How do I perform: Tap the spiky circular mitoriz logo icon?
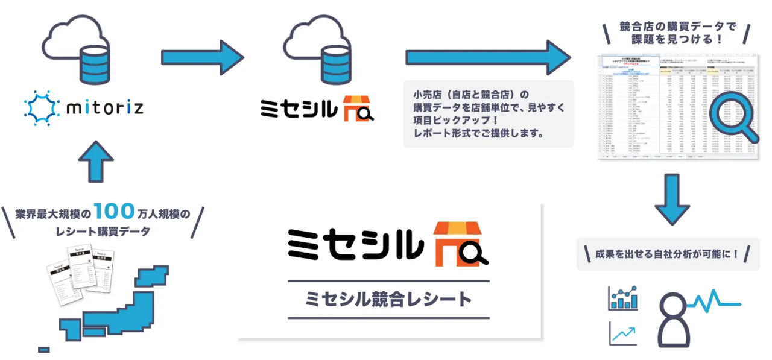point(40,107)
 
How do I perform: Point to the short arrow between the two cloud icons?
point(202,58)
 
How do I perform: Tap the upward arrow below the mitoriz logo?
point(95,161)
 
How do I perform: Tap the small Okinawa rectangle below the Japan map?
point(43,349)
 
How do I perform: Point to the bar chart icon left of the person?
point(623,298)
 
